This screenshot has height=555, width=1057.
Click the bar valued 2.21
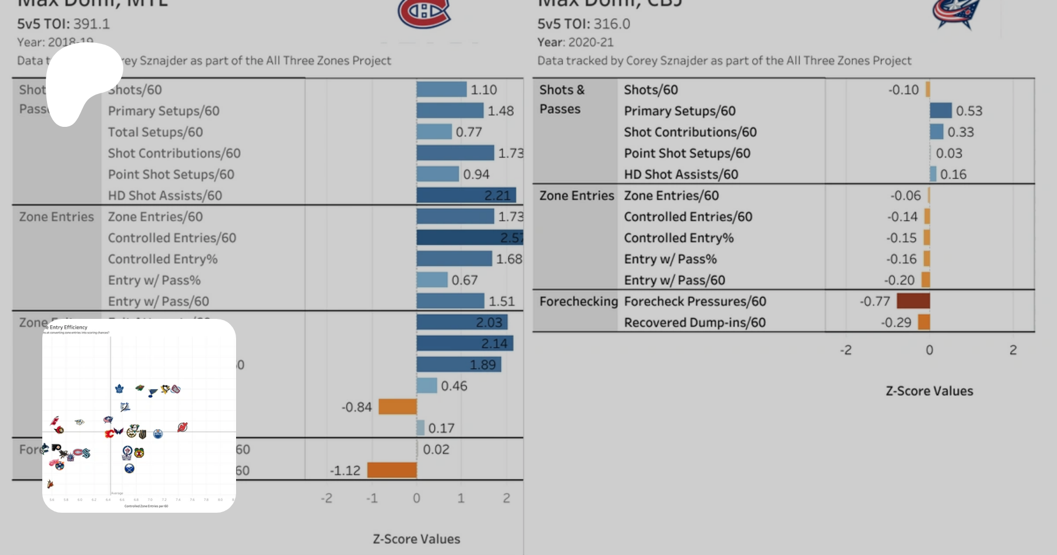click(466, 195)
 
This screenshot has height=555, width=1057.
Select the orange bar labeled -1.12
click(392, 470)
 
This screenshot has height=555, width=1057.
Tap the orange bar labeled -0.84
click(398, 406)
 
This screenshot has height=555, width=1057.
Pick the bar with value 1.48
click(450, 110)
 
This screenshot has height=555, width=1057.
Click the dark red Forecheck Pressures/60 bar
click(913, 301)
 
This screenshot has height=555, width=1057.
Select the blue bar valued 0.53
click(940, 110)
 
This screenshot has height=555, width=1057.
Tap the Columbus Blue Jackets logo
click(956, 13)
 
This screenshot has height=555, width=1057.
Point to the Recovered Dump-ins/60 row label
click(695, 322)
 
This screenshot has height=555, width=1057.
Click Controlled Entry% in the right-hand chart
click(679, 238)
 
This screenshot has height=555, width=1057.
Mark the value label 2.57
click(511, 238)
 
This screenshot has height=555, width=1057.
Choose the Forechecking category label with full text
click(578, 301)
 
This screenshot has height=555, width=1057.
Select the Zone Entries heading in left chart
click(56, 217)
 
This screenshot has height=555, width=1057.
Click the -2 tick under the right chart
click(846, 350)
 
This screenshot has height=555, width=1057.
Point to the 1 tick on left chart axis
click(461, 498)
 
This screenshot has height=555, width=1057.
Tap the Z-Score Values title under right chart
click(929, 391)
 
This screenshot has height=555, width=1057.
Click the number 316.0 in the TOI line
click(611, 24)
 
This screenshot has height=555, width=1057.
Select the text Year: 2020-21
click(575, 42)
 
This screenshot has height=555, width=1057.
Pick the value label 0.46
click(454, 386)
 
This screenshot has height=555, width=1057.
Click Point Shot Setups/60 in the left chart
click(171, 174)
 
